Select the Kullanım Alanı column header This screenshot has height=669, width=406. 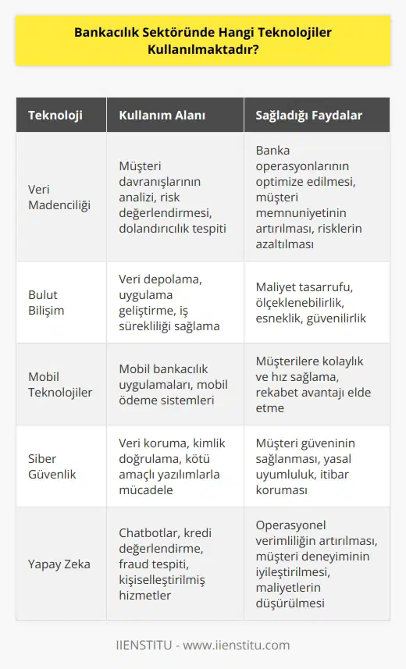162,116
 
